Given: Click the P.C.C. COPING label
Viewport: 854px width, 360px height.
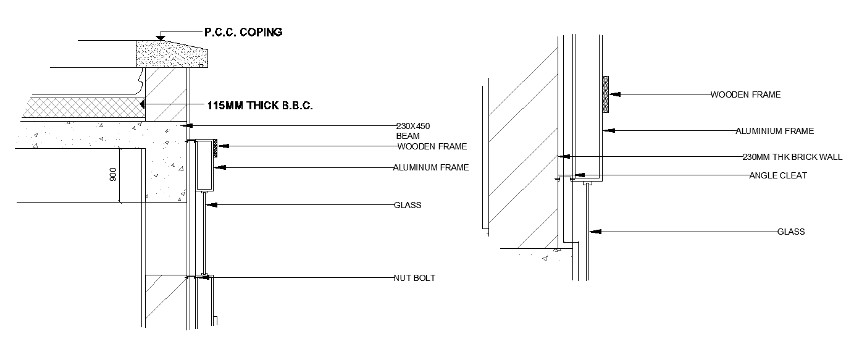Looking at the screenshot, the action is coord(243,32).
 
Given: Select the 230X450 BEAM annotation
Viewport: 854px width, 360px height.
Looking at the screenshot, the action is coord(412,130).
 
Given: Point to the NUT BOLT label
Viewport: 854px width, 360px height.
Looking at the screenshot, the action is coord(414,278).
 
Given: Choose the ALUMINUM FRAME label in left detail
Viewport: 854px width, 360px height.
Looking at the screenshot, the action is coord(431,167).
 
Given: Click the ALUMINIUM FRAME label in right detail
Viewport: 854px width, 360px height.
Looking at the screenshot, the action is coord(774,131).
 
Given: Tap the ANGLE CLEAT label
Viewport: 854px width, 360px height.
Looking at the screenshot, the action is coord(777,175).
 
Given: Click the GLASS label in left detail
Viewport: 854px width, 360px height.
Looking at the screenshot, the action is coord(408,204).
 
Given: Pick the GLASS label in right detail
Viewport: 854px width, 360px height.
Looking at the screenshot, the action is coord(790,232).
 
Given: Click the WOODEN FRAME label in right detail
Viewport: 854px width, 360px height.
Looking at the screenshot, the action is coord(745,94).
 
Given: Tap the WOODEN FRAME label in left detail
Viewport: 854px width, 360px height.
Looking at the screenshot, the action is coord(432,146).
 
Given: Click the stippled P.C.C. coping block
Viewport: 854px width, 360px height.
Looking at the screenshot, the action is coord(173,54).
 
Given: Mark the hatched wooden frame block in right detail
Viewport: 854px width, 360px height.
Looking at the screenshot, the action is coord(606,94).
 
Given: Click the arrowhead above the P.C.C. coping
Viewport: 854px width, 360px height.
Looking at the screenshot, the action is coord(161,38).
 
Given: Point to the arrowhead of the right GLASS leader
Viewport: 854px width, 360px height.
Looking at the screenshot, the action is coord(592,232).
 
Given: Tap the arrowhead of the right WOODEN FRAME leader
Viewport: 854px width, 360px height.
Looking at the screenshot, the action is coord(613,94).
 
